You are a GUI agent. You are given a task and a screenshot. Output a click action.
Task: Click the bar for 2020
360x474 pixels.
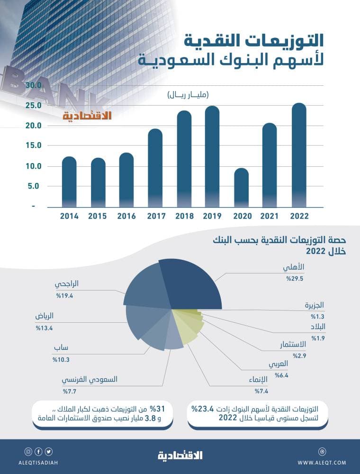[x=241, y=188]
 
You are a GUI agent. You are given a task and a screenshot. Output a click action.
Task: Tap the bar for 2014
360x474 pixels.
[x=69, y=182]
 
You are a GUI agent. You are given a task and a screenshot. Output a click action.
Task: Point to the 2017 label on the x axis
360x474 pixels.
[x=155, y=216]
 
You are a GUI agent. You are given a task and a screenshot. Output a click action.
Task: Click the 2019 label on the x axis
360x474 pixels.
[x=212, y=216]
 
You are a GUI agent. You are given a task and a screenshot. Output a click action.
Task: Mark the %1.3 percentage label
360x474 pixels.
[x=317, y=316]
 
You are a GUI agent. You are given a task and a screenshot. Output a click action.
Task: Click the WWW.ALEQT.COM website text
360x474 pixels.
[x=322, y=463]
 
